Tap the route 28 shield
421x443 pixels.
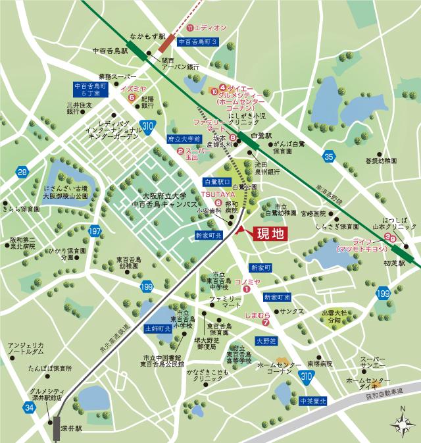[x=23, y=172]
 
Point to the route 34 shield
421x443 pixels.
[x=28, y=409]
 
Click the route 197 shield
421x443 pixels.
[x=95, y=232]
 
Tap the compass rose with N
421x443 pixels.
[x=402, y=423]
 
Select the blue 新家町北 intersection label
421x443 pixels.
[x=210, y=235]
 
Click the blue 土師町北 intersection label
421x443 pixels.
[x=157, y=327]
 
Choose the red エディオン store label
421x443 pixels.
[x=208, y=28]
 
